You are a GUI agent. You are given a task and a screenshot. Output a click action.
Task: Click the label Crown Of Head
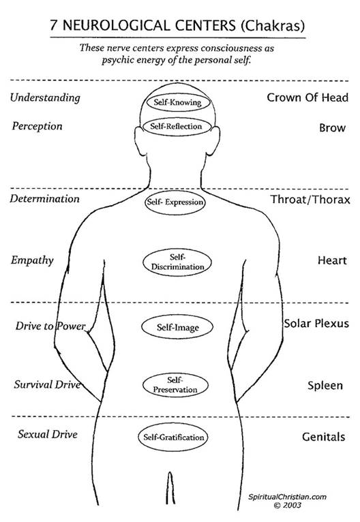[307, 97]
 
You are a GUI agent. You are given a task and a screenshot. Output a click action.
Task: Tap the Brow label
[332, 128]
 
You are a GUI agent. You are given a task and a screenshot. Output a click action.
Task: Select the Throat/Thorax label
[310, 200]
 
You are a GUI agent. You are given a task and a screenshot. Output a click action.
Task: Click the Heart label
[332, 260]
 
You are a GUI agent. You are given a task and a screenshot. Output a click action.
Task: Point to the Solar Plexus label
[316, 323]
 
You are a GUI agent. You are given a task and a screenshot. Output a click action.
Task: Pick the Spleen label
[325, 386]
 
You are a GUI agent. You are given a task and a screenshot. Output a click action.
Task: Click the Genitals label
[323, 436]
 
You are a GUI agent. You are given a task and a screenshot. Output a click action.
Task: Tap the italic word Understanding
[45, 98]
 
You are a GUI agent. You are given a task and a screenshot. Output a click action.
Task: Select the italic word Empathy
[32, 261]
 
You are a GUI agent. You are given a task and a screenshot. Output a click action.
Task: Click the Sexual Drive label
[48, 434]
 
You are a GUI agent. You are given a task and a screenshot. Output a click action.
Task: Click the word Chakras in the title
[273, 26]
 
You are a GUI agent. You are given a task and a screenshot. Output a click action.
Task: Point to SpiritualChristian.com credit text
[287, 497]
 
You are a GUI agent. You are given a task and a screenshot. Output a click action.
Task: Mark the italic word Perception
[37, 127]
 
